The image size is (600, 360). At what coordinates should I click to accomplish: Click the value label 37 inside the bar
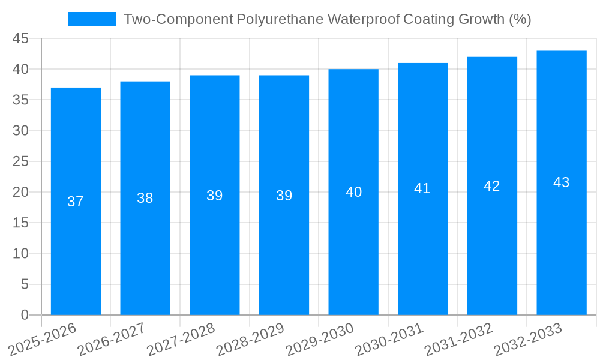click(x=76, y=202)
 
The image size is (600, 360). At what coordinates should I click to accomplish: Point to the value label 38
click(x=145, y=198)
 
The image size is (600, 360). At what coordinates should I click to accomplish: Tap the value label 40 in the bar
click(x=353, y=192)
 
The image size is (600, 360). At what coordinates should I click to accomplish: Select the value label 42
click(x=492, y=186)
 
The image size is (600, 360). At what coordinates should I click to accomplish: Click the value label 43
click(x=562, y=182)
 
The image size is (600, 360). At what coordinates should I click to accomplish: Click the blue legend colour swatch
click(x=92, y=19)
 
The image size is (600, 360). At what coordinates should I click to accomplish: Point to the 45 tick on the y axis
click(x=21, y=38)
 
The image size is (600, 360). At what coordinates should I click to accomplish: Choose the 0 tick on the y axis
click(x=25, y=315)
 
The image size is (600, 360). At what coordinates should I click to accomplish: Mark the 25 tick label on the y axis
click(x=21, y=161)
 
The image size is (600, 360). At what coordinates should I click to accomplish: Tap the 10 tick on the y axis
click(x=21, y=254)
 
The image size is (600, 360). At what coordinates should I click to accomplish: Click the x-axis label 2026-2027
click(x=112, y=339)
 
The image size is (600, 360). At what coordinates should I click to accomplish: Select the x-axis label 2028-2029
click(x=251, y=339)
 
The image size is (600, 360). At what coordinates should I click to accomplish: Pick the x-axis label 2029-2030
click(x=320, y=339)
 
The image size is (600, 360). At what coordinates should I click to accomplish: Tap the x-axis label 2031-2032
click(x=459, y=339)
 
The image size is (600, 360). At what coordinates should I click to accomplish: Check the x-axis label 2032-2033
click(x=529, y=339)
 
